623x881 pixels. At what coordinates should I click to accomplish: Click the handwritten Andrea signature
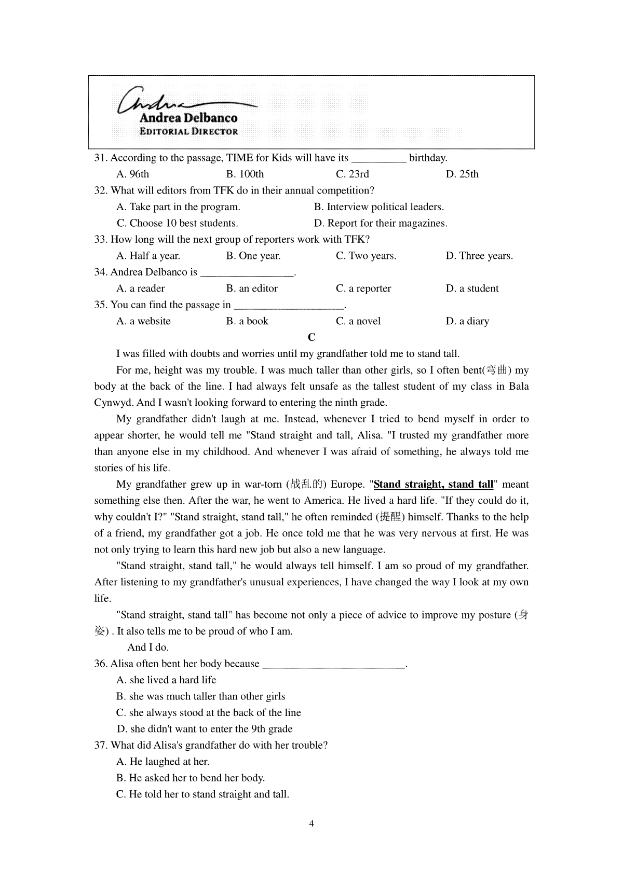(156, 100)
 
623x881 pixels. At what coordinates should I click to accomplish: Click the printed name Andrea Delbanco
(188, 118)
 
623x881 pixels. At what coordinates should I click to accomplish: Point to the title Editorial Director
(188, 132)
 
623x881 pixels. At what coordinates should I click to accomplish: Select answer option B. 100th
(245, 174)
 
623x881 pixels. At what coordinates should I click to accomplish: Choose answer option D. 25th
(462, 174)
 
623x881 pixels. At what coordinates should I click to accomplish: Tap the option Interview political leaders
(379, 207)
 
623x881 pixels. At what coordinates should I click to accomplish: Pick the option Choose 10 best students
(178, 223)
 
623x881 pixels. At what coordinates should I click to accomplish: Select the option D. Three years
(479, 256)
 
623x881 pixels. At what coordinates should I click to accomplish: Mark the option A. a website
(144, 321)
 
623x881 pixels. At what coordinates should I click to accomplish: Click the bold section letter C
(311, 338)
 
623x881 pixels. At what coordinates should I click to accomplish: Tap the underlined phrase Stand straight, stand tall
(433, 485)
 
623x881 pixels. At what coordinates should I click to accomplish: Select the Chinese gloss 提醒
(391, 517)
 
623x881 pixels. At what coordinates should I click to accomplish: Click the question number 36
(100, 664)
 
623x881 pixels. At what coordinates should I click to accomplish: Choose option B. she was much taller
(200, 696)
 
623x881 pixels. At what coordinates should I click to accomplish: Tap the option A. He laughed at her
(163, 762)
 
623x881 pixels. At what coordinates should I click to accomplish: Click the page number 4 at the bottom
(311, 824)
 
